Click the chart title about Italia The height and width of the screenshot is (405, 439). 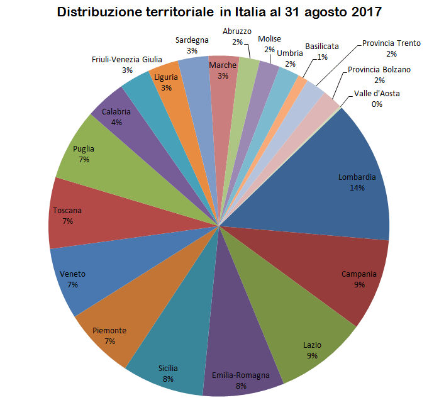coord(219,12)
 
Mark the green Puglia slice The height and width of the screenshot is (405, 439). coord(91,154)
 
